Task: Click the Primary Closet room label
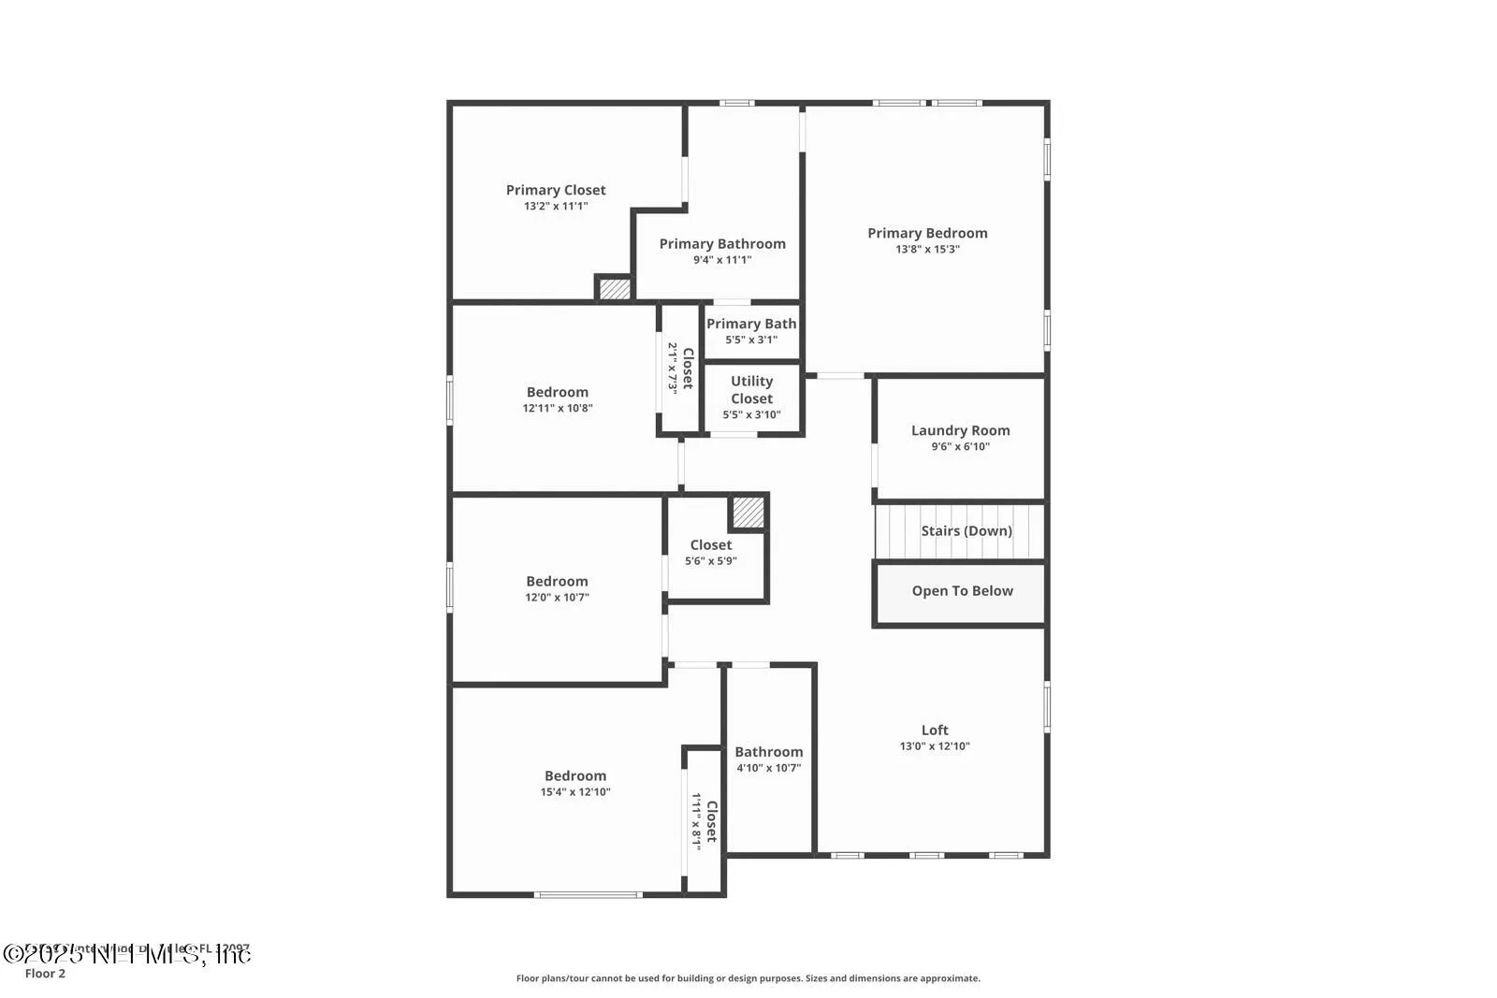[x=556, y=190]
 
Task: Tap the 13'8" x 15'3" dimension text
[x=927, y=250]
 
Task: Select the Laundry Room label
[x=960, y=430]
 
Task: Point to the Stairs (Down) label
[x=966, y=530]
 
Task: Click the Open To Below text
[x=962, y=591]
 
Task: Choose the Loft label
[x=935, y=730]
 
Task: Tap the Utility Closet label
[x=751, y=389]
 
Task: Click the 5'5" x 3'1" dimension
[x=750, y=340]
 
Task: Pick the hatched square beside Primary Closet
[x=615, y=289]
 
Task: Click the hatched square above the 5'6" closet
[x=748, y=512]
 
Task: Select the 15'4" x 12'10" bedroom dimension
[x=575, y=792]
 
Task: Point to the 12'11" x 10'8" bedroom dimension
[x=558, y=409]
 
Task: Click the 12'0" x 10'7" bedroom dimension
[x=557, y=598]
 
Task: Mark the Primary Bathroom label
[x=722, y=244]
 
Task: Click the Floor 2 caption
[x=45, y=974]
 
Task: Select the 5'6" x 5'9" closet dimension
[x=710, y=561]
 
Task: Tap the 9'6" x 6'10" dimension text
[x=960, y=447]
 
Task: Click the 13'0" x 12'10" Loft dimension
[x=935, y=746]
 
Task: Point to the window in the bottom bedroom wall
[x=588, y=895]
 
